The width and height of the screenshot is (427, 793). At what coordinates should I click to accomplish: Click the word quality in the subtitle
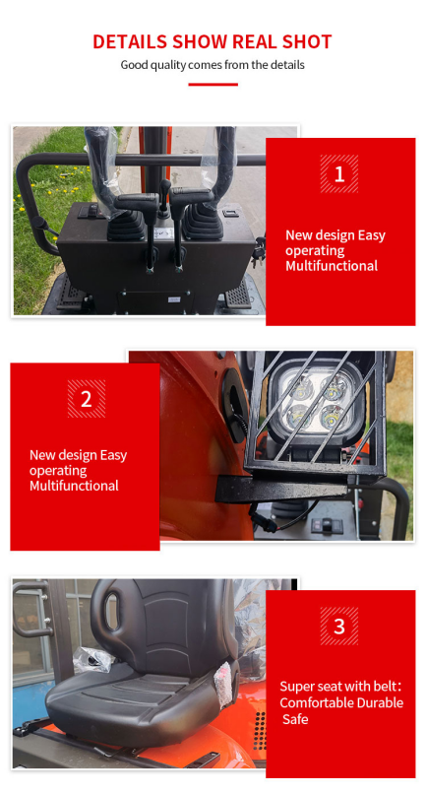coord(163,65)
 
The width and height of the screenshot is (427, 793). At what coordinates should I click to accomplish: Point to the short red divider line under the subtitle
coord(213,85)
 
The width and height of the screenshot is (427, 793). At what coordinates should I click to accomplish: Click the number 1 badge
coord(339,173)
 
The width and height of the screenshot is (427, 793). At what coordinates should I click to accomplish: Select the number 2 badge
coord(87,399)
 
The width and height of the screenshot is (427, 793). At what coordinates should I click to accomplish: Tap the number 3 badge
coord(339,627)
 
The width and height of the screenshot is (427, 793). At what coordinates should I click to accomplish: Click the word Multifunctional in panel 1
coord(332,266)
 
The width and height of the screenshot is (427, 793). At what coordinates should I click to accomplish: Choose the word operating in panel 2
coord(58,471)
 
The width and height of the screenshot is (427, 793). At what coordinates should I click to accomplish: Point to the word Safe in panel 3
coord(295,719)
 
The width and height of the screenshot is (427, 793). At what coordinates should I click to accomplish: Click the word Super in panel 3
coord(294,687)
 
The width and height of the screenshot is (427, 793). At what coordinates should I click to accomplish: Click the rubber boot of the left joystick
coord(126,225)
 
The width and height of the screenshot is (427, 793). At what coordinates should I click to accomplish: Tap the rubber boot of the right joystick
coord(203,222)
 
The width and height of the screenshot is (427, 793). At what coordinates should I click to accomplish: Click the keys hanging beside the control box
coord(259,253)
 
